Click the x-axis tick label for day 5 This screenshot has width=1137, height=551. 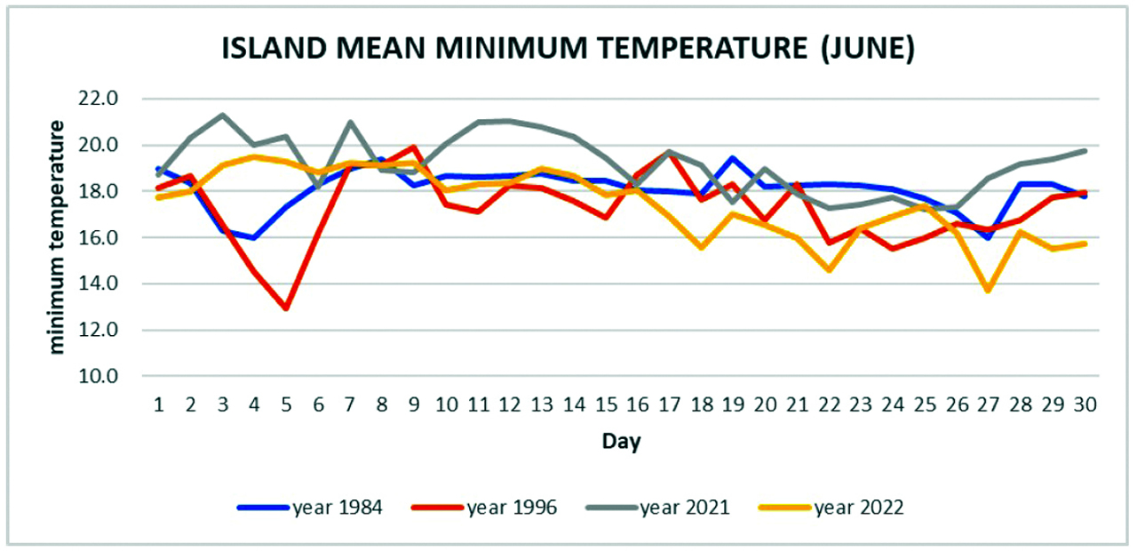[286, 404]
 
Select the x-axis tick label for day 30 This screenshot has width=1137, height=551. [1085, 404]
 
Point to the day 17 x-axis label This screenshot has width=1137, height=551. [669, 404]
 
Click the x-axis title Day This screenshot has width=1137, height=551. [622, 441]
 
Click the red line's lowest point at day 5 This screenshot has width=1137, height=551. [286, 308]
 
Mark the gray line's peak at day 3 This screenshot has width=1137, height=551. [222, 115]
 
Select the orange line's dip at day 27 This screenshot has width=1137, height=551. [989, 291]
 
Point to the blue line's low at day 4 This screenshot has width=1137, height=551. [254, 237]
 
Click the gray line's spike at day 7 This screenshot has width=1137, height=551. [350, 122]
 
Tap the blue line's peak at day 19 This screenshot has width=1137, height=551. [733, 158]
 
